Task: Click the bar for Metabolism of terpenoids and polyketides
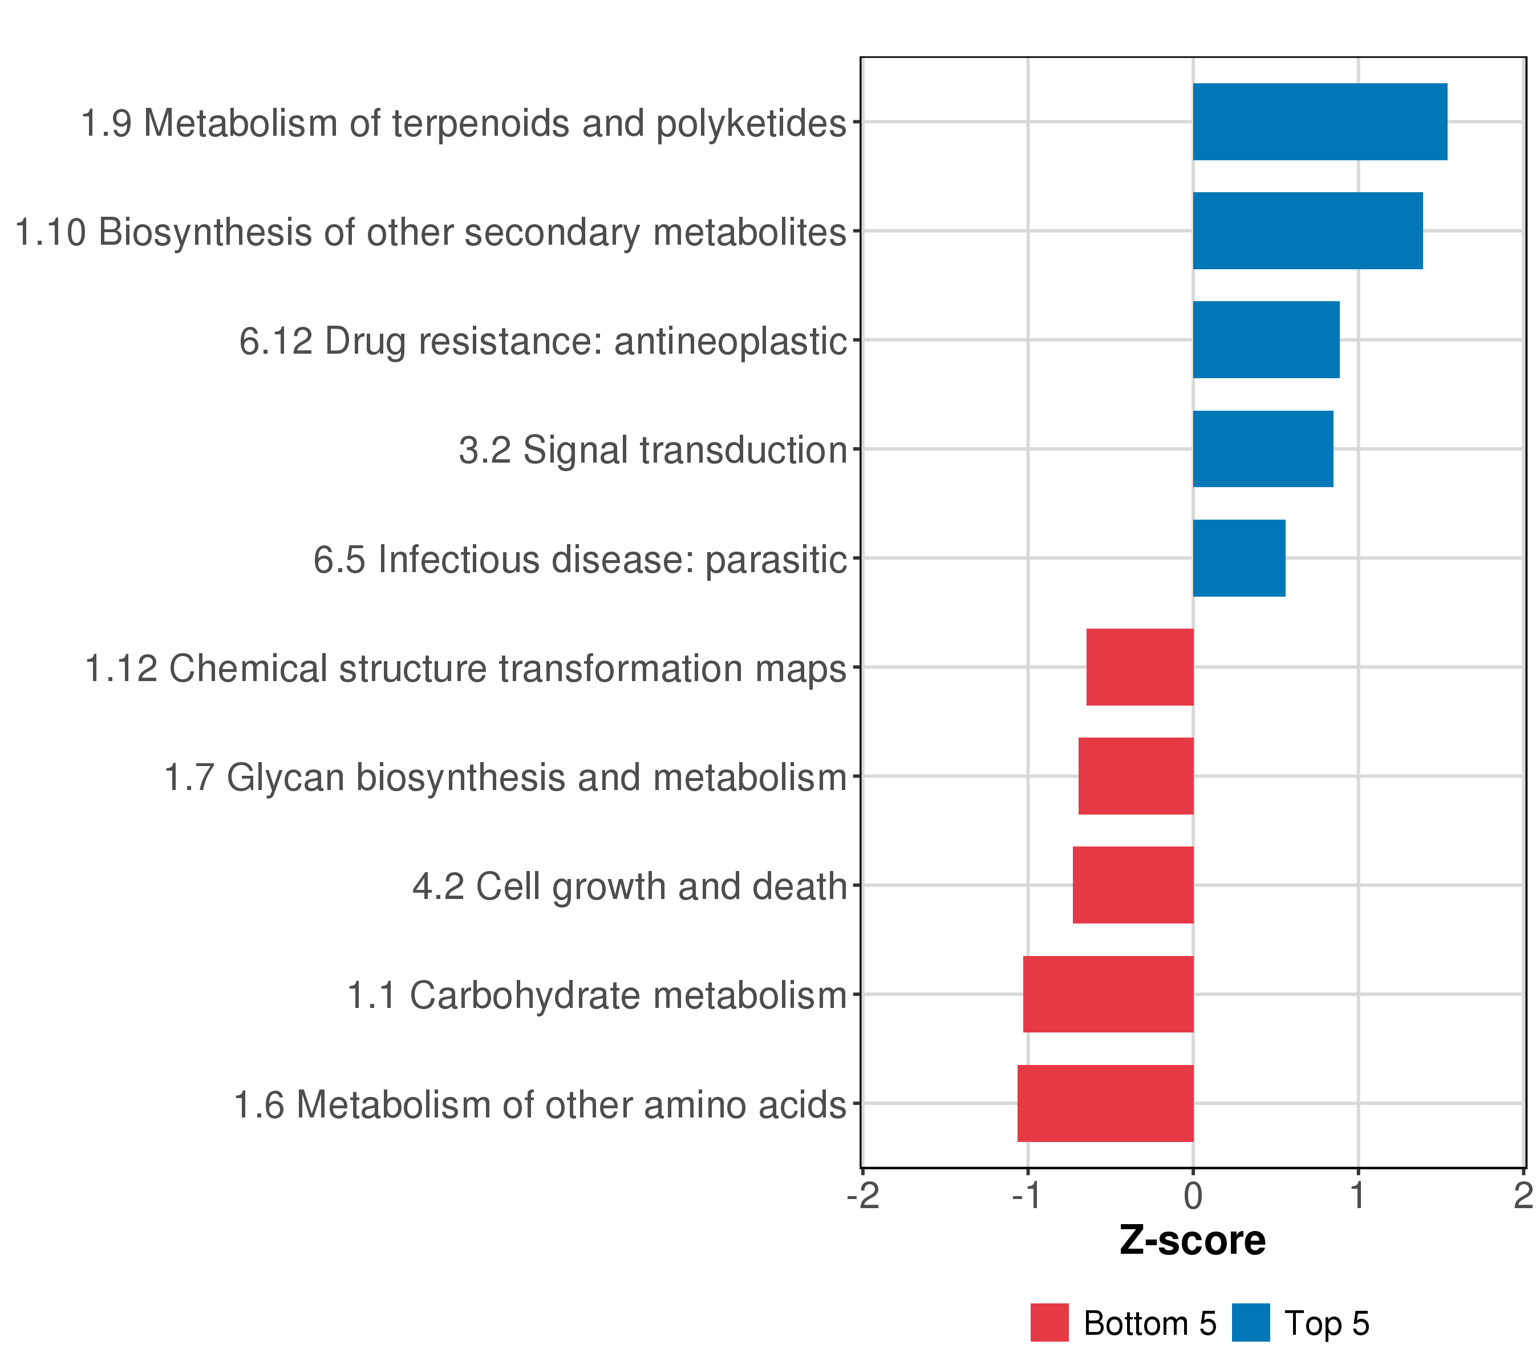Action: pos(1319,121)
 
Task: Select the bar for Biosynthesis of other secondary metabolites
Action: pos(1307,230)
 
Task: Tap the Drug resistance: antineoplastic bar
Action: pos(1266,340)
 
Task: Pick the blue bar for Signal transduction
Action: pos(1263,449)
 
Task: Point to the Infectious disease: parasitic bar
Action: pos(1239,558)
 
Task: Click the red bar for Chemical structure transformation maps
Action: pos(1140,667)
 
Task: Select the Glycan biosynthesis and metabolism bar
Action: pos(1136,776)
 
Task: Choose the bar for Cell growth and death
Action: pos(1133,885)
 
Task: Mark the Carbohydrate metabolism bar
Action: pos(1108,994)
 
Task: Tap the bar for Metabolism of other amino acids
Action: pos(1105,1103)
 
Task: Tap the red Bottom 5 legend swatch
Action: pos(1049,1322)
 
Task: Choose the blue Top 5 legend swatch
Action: pos(1251,1322)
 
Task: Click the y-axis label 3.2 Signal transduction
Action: pos(653,451)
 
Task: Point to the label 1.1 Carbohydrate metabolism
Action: pos(597,995)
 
